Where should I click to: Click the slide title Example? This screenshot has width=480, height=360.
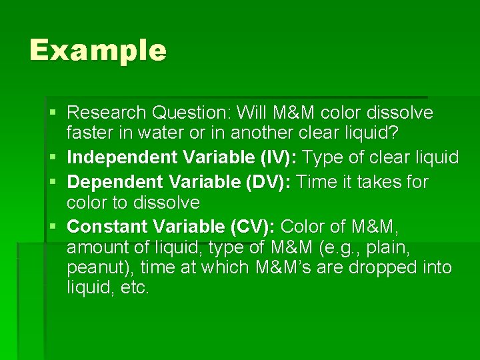97,51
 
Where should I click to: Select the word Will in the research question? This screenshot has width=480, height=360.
255,113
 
